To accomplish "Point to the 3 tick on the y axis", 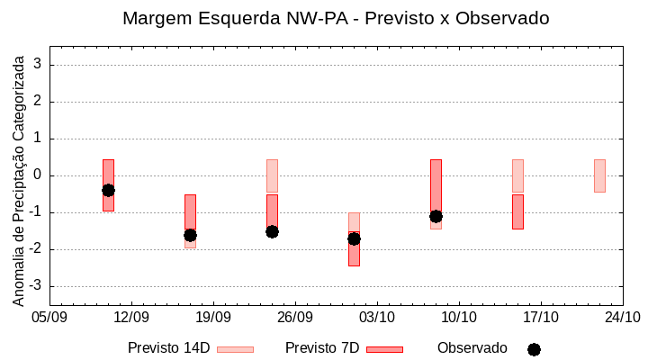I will coord(39,65).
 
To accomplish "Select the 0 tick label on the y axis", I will coord(39,175).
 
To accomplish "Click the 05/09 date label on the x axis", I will coord(49,317).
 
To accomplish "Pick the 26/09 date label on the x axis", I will coord(295,317).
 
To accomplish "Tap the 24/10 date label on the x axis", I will coord(623,317).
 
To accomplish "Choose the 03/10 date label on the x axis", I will coord(377,317).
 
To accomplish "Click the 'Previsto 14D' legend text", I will coord(168,348).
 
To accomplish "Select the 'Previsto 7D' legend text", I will coord(322,348).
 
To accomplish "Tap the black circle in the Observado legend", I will coord(534,349).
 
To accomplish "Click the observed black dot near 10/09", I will coord(108,190).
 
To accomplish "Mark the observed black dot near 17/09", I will coord(190,235).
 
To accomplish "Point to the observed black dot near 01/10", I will coord(354,238).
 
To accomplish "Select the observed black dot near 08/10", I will coord(436,216).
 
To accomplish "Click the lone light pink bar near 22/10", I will coord(599,175).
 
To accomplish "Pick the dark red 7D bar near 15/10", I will coord(517,211).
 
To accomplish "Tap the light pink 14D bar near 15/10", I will coord(517,175).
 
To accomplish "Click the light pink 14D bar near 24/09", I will coord(272,175).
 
